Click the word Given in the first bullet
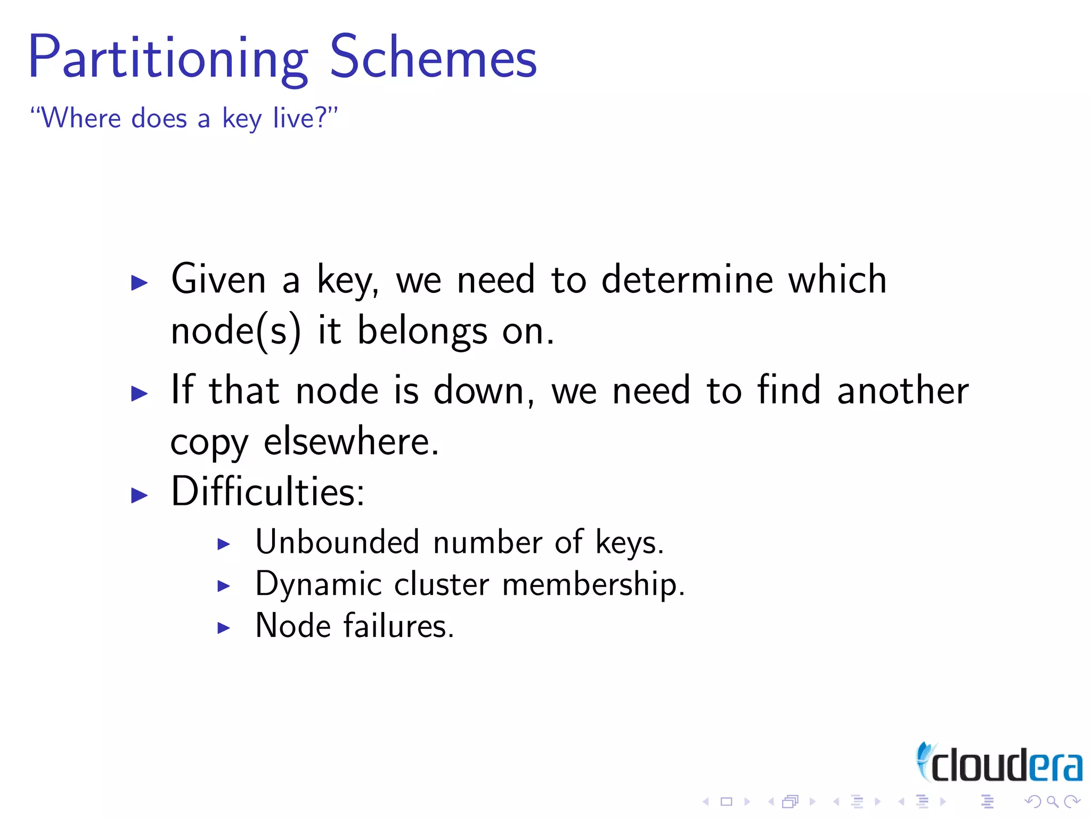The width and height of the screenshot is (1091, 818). coord(218,280)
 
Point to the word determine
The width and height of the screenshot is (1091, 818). coord(687,280)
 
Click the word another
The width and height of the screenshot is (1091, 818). coord(902,390)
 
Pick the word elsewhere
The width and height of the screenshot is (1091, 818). coord(351,441)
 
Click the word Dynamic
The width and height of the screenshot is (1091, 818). coord(318,585)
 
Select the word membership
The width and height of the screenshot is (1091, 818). coord(593,585)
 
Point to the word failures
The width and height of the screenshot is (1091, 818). coord(398,626)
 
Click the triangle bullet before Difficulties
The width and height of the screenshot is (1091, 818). coord(139,495)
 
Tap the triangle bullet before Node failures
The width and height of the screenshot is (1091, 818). coord(224,628)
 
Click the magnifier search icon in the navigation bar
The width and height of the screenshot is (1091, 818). coord(1052,801)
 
